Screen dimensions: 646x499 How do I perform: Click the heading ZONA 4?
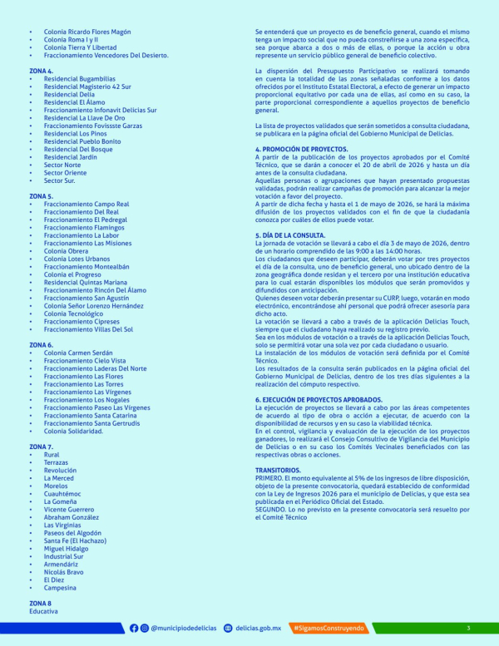41,72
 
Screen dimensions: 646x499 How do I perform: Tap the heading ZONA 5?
41,196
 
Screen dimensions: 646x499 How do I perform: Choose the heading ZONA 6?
41,344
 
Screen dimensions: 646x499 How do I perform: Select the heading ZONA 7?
41,446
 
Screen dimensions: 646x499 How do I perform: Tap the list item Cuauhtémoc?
63,494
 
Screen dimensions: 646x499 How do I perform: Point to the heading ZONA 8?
40,603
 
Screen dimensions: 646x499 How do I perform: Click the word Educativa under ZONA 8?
43,611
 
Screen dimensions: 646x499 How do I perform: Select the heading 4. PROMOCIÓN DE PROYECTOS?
301,149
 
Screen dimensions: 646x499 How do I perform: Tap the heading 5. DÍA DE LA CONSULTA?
293,235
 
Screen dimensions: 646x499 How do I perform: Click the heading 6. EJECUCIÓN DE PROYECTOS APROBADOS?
319,400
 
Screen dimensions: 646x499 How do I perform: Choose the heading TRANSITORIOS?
278,470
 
